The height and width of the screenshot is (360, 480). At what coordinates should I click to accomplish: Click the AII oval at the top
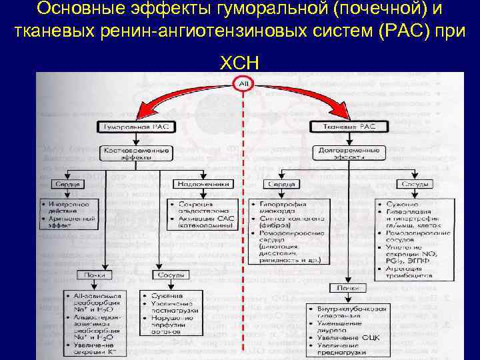point(242,83)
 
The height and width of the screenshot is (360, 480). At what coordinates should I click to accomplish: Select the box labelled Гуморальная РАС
point(137,125)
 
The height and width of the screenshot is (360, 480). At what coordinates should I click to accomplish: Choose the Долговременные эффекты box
point(347,153)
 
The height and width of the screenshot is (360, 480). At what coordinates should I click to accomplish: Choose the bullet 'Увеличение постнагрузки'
point(172,308)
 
